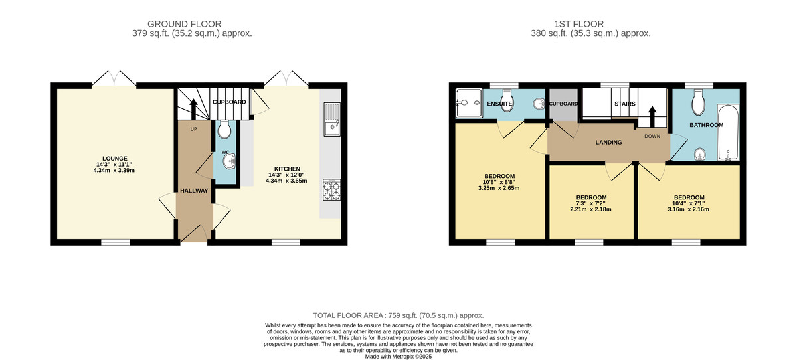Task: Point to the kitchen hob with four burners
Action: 331,190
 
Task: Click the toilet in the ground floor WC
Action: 224,128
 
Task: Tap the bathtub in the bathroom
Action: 729,133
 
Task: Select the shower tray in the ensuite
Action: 468,103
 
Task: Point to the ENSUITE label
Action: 499,104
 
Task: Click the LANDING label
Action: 608,142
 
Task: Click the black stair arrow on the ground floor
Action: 193,108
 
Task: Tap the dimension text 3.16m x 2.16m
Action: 689,209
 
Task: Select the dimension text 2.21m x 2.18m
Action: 590,209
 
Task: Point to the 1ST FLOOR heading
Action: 590,23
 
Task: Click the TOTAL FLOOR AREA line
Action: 398,315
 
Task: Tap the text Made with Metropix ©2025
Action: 398,357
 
